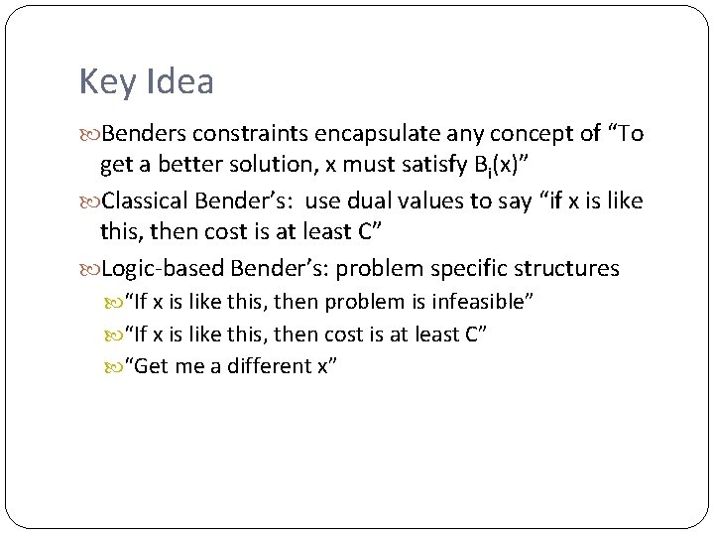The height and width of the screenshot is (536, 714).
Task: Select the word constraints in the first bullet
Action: click(x=238, y=133)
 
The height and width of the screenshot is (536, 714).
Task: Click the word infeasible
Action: click(x=484, y=302)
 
